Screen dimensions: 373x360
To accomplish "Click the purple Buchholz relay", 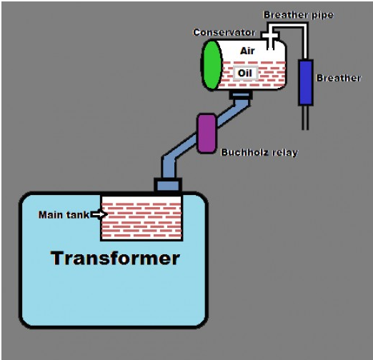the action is click(207, 134).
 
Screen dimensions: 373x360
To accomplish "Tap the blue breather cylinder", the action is click(306, 82).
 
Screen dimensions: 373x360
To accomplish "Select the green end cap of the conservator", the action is click(212, 65).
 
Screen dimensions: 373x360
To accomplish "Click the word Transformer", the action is click(115, 258).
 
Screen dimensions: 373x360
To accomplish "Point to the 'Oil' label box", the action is click(245, 73).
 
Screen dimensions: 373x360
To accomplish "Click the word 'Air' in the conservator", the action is click(247, 51).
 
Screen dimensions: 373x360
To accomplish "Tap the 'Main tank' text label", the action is click(64, 215).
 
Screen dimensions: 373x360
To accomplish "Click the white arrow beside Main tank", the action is click(99, 214).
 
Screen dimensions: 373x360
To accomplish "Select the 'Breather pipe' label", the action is click(299, 15).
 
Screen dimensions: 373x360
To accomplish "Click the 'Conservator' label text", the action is click(224, 32).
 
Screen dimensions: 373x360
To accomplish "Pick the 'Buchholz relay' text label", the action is click(259, 152).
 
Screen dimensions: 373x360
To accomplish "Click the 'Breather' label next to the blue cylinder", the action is click(339, 78).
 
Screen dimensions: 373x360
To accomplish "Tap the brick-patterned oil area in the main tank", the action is click(141, 218).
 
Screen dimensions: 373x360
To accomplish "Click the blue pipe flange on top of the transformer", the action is click(168, 185).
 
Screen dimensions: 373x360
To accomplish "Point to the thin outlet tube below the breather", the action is click(305, 118).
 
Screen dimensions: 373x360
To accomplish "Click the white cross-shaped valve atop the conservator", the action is click(270, 36).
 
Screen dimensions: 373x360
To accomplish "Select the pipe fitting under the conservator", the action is click(241, 95).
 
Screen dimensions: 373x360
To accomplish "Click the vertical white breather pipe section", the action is click(305, 41).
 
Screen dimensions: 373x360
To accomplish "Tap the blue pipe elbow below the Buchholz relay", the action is click(169, 164).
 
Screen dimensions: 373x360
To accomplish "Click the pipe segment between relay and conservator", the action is click(232, 114).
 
